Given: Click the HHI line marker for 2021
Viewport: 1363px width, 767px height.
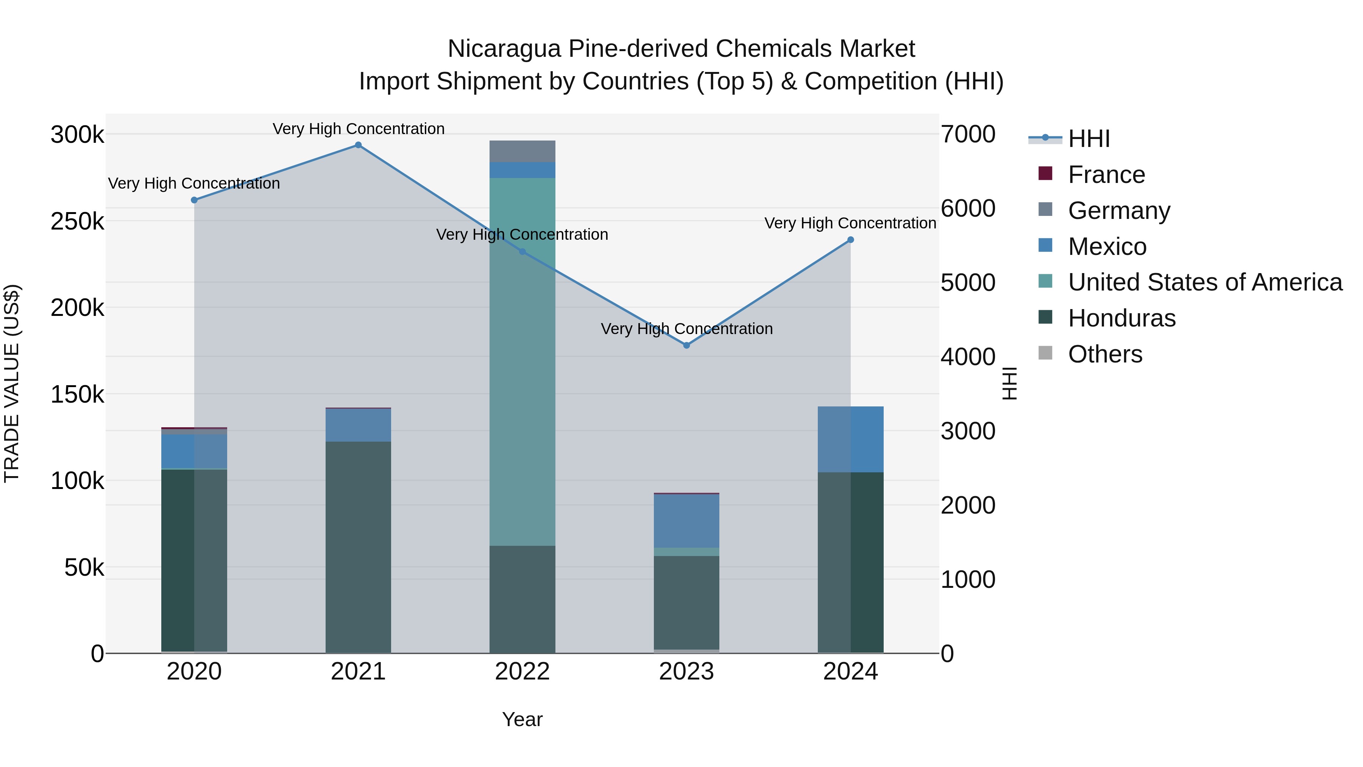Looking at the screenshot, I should pyautogui.click(x=358, y=145).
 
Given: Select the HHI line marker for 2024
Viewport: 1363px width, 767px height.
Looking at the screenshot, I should pyautogui.click(x=850, y=240).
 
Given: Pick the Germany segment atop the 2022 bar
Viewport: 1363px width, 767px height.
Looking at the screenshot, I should pyautogui.click(x=522, y=152).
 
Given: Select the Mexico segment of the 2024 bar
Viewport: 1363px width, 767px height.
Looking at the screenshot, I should pyautogui.click(x=850, y=439).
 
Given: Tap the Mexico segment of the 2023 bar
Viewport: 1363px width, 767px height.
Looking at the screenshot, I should pyautogui.click(x=686, y=521).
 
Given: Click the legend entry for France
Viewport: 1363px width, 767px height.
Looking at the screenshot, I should pyautogui.click(x=1106, y=175).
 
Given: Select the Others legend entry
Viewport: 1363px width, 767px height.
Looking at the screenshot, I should pyautogui.click(x=1105, y=354).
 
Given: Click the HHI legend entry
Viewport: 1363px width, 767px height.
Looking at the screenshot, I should pyautogui.click(x=1089, y=139).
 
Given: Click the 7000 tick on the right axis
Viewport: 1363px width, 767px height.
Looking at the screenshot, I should pyautogui.click(x=968, y=134).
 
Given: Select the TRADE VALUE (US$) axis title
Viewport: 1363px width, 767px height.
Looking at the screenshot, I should pyautogui.click(x=12, y=383).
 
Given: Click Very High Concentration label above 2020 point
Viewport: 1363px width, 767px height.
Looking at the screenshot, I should pyautogui.click(x=194, y=184).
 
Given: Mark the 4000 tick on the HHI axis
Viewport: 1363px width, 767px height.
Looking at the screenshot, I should pyautogui.click(x=968, y=357).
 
